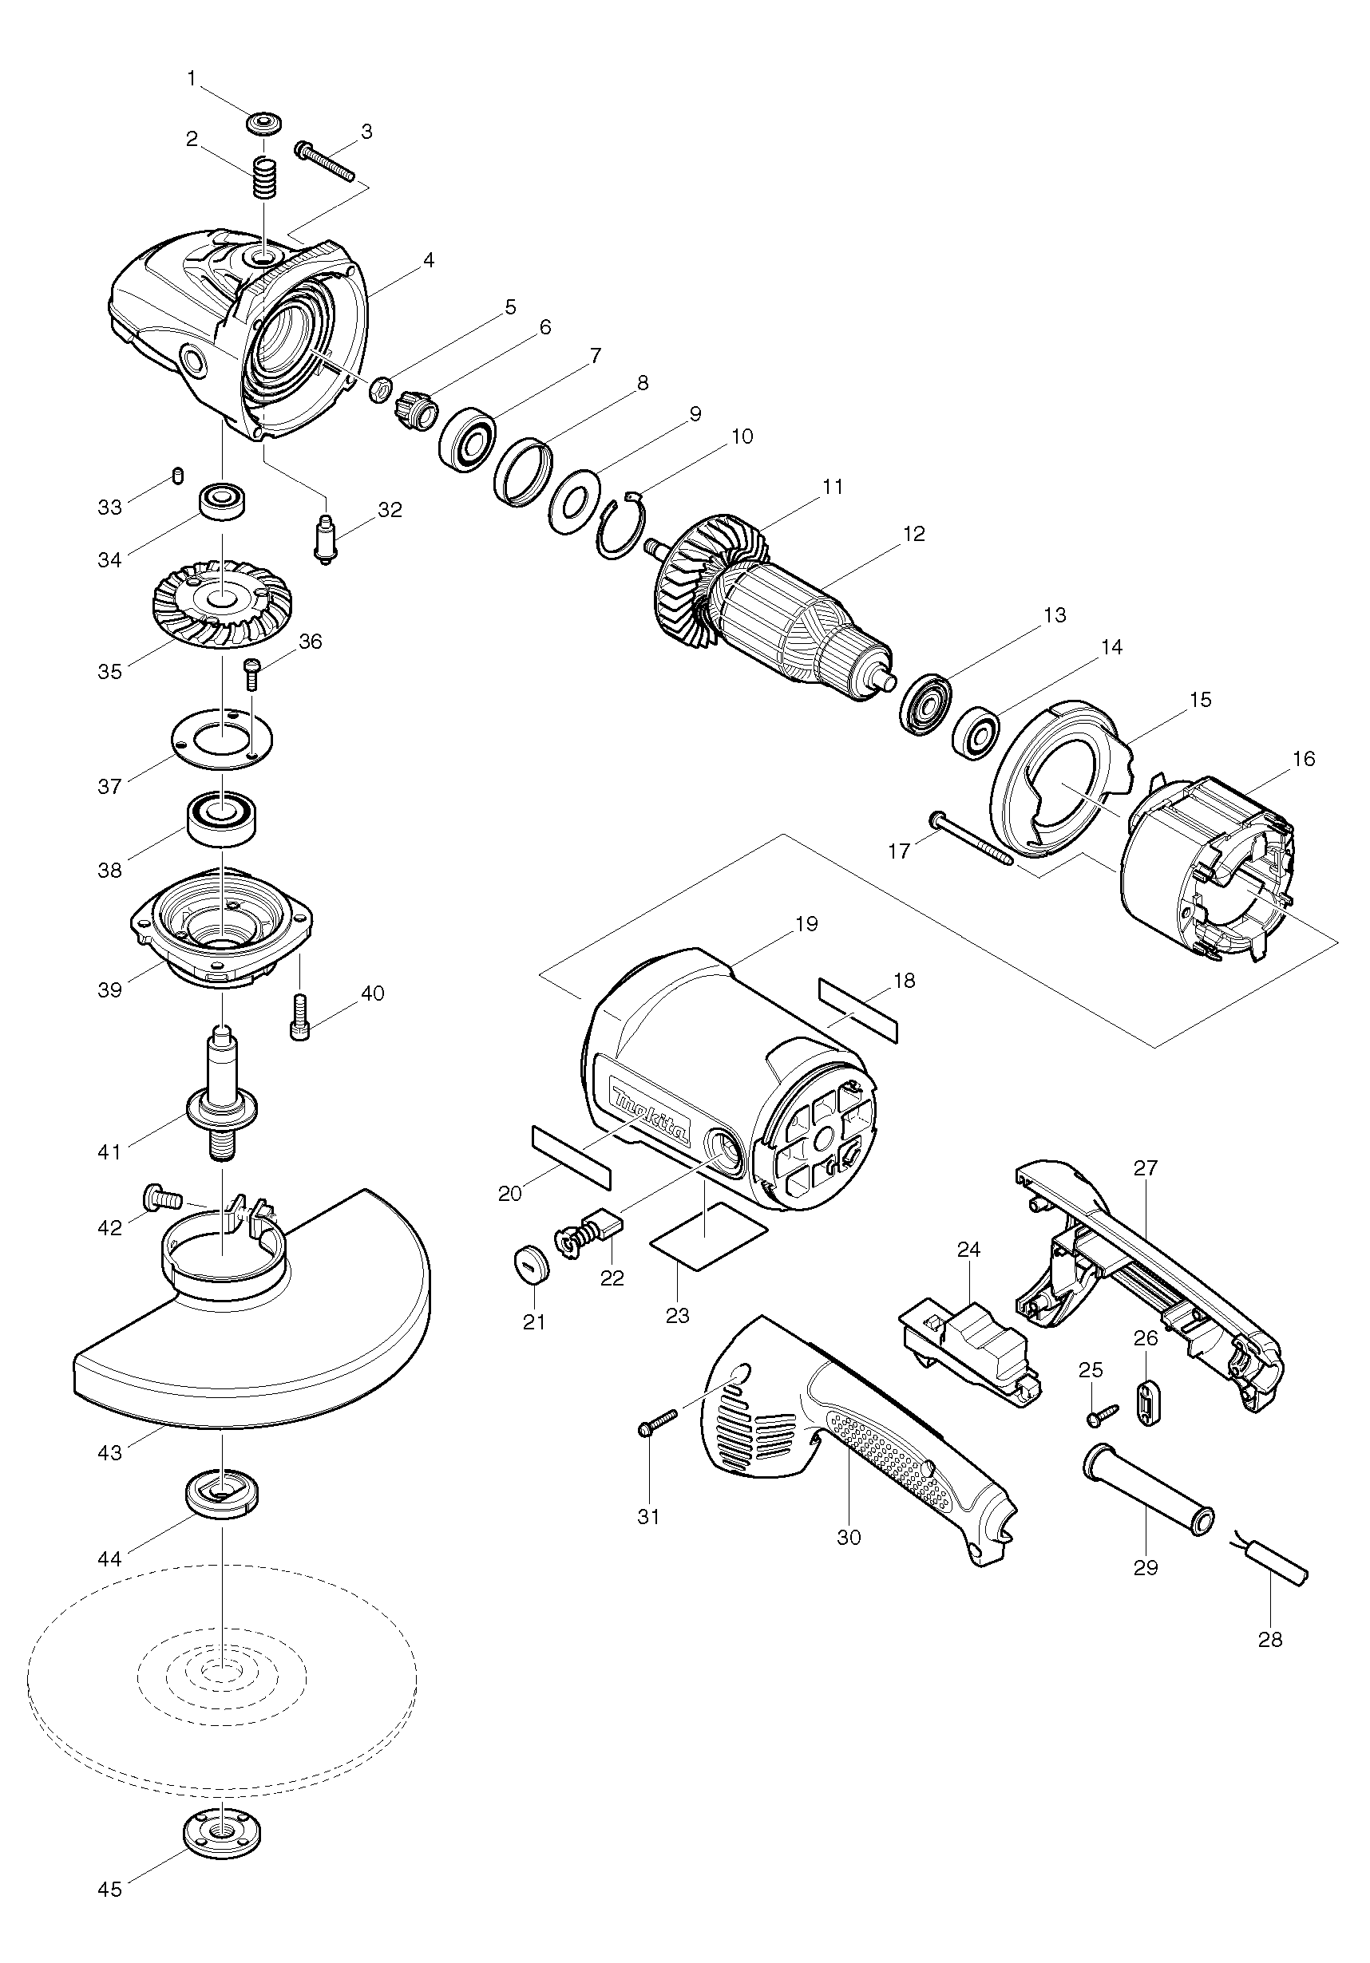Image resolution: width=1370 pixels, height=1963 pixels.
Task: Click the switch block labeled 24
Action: (x=971, y=1353)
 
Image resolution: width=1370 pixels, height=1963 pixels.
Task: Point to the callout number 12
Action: (x=913, y=535)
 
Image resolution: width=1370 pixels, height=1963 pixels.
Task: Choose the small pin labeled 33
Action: (x=178, y=475)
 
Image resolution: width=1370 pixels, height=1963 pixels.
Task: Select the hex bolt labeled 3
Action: (x=325, y=163)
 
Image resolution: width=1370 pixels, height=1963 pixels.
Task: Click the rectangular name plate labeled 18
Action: (x=858, y=1009)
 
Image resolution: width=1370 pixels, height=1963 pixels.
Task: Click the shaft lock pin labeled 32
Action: (x=326, y=537)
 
